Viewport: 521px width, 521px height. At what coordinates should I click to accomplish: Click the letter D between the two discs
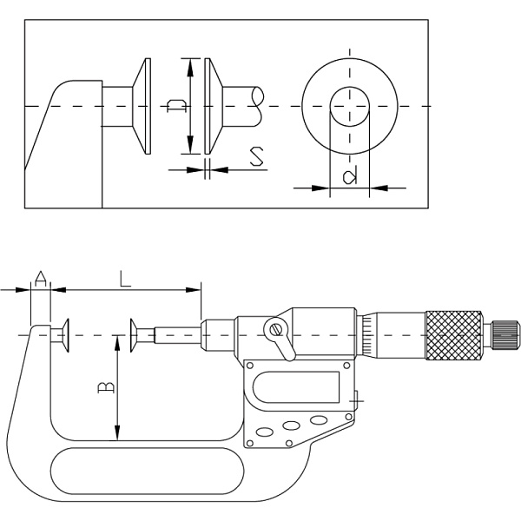(176, 106)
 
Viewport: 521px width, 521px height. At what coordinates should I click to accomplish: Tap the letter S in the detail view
(256, 157)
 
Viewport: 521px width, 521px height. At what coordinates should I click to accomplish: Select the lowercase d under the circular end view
(349, 178)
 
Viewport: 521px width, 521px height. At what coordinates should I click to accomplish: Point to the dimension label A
(40, 278)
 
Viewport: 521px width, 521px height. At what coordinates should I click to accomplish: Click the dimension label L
(125, 278)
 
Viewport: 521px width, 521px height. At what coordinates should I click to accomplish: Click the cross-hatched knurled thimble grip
(453, 334)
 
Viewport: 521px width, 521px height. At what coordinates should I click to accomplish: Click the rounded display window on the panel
(298, 386)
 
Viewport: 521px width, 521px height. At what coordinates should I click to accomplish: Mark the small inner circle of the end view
(349, 106)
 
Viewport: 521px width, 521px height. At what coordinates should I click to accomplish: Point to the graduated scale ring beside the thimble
(369, 334)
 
